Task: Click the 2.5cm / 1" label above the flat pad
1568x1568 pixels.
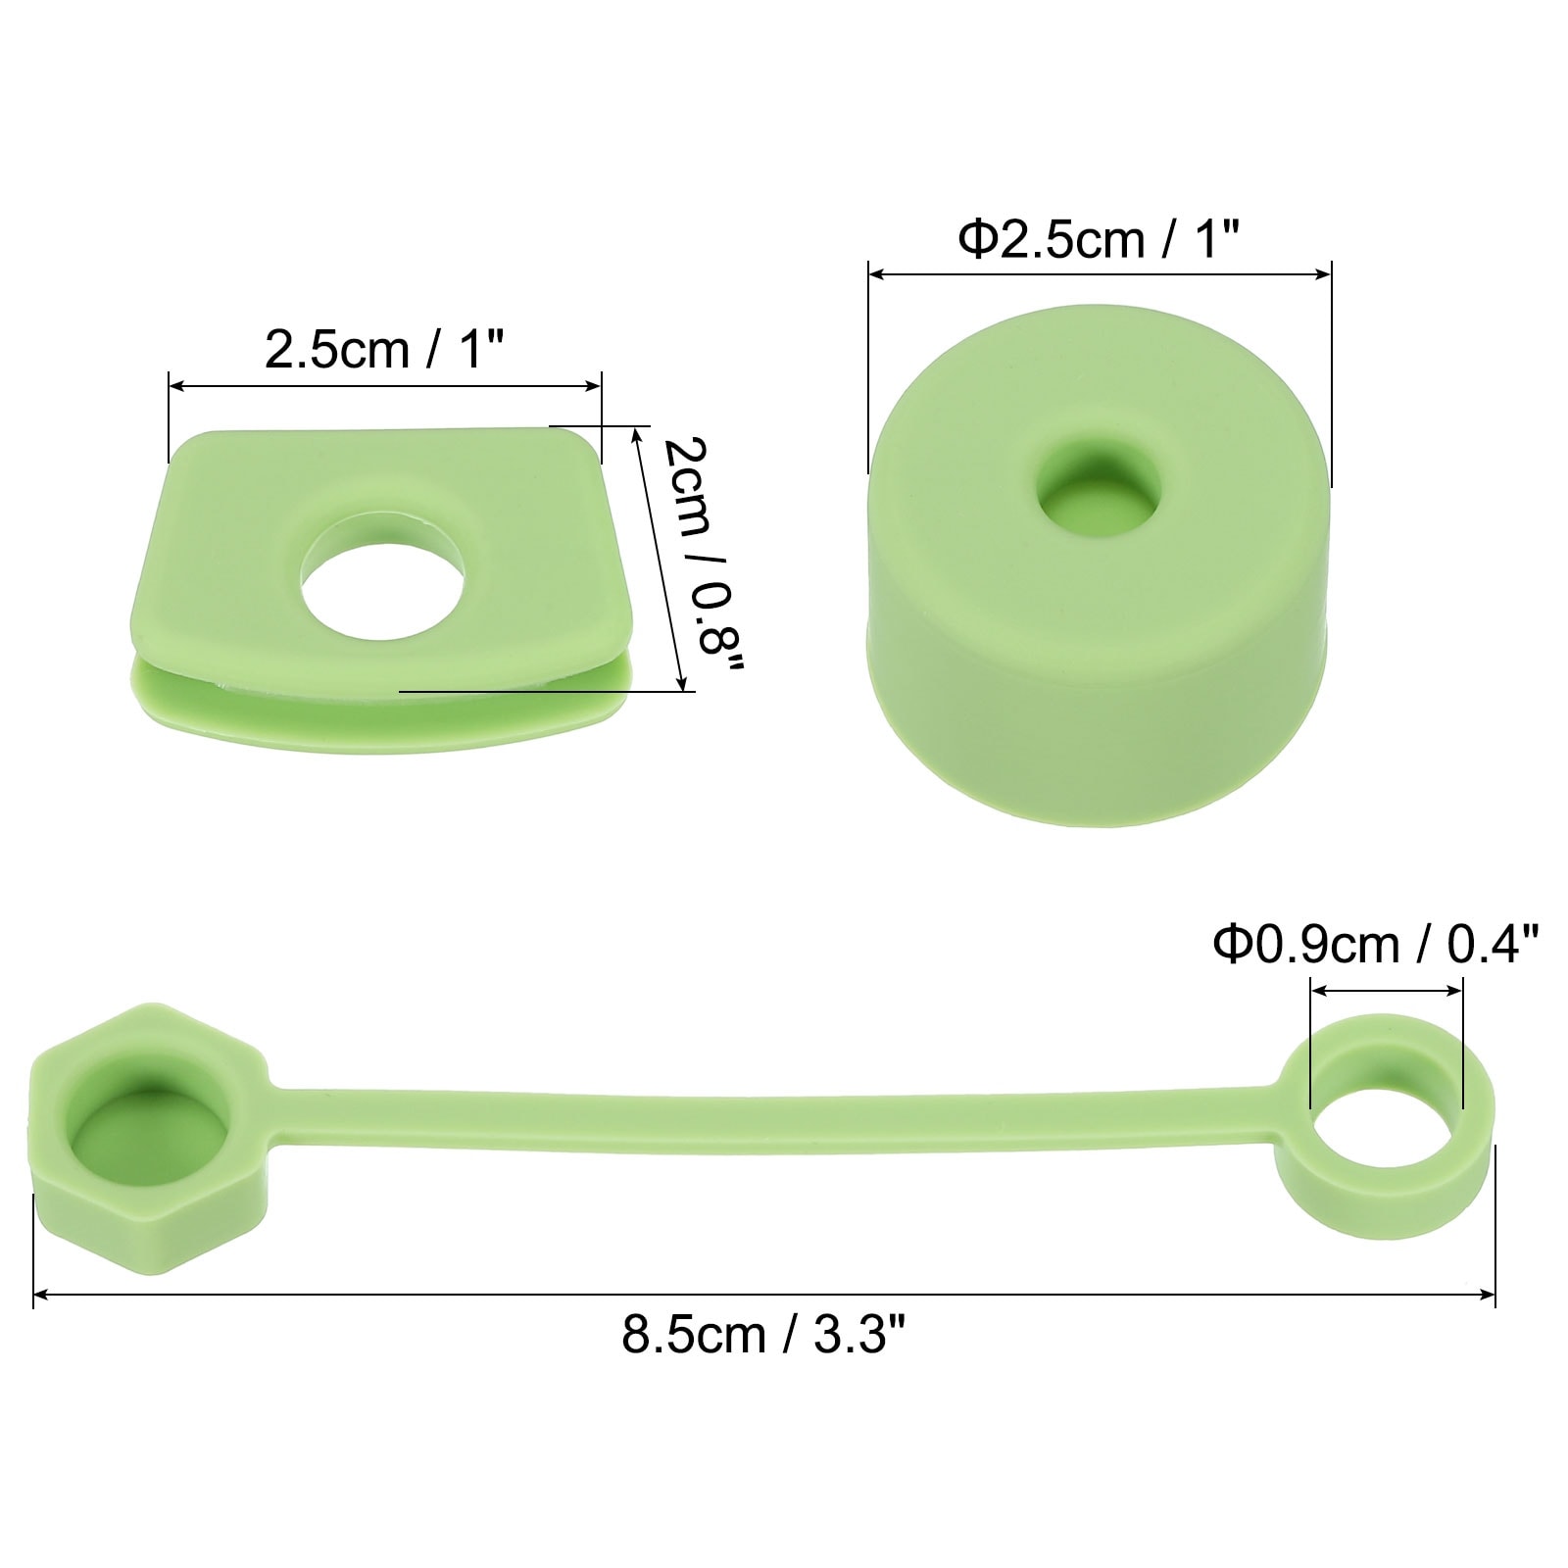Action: pyautogui.click(x=384, y=348)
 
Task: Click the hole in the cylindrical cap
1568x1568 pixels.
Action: pyautogui.click(x=1100, y=487)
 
